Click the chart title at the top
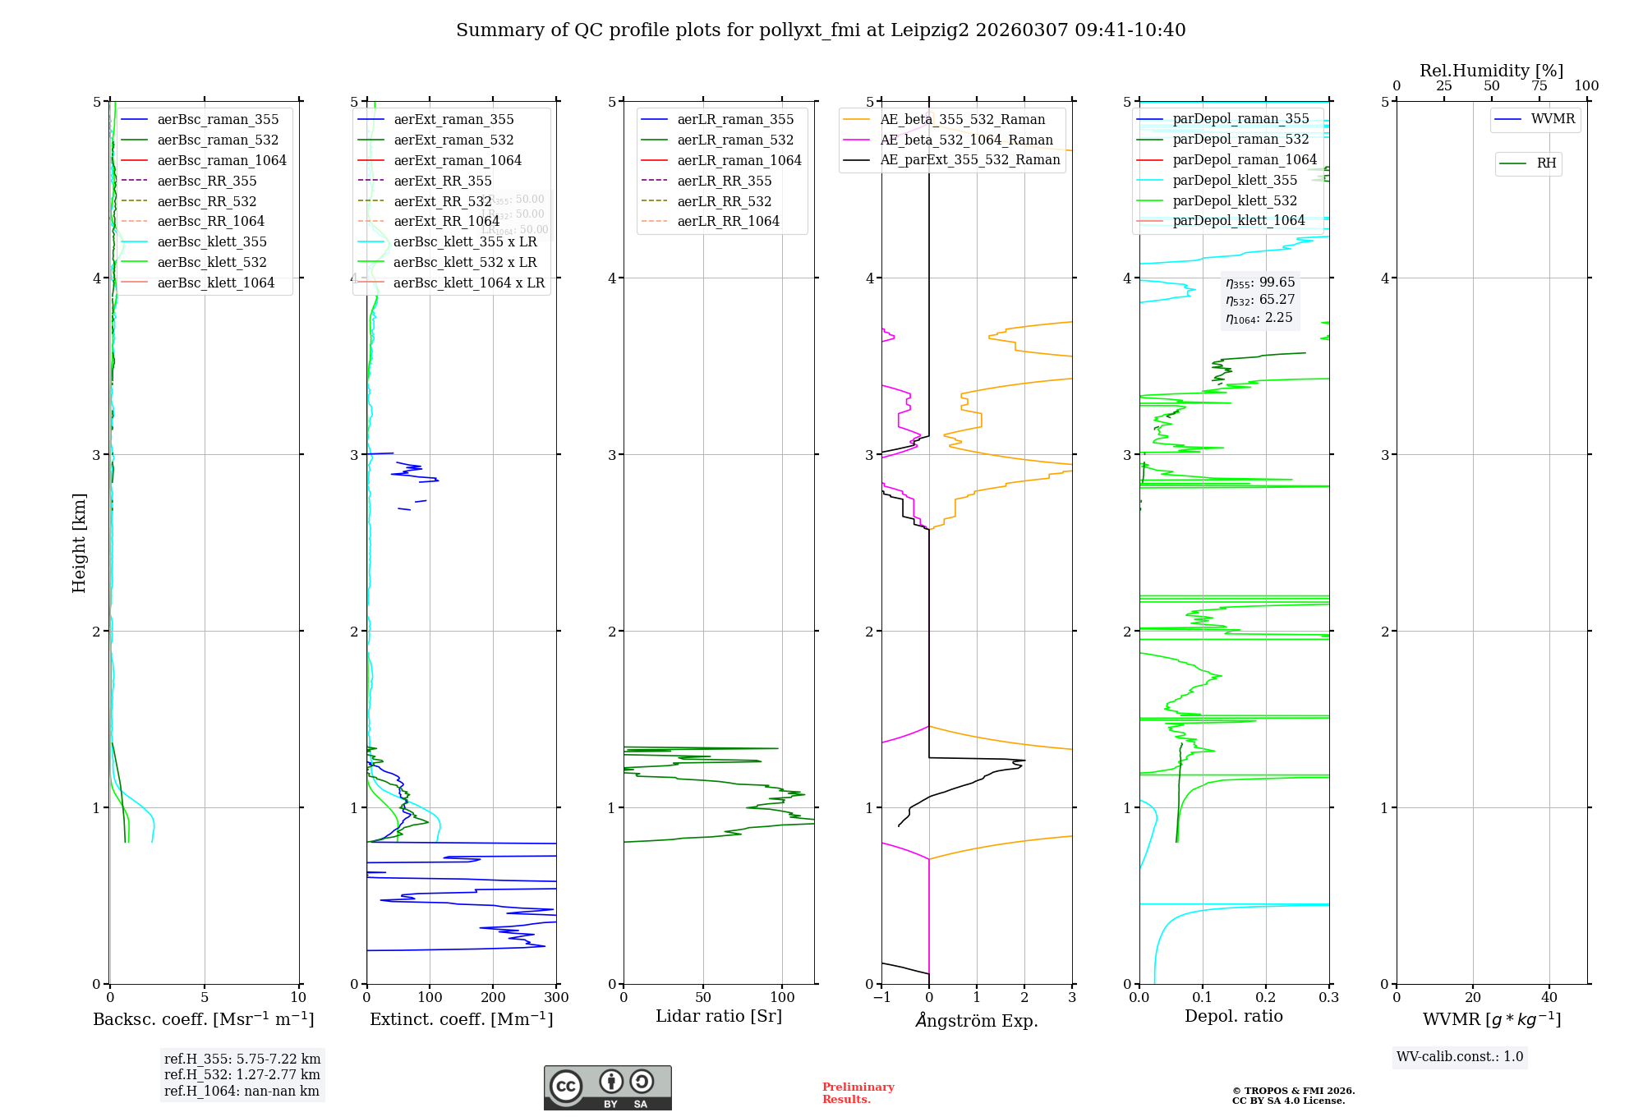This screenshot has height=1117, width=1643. pyautogui.click(x=821, y=30)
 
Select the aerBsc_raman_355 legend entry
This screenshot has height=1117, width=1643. pyautogui.click(x=218, y=120)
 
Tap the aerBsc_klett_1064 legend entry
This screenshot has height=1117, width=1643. pyautogui.click(x=215, y=283)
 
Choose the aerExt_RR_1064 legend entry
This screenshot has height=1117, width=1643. pyautogui.click(x=446, y=222)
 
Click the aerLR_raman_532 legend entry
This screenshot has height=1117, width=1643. pyautogui.click(x=734, y=140)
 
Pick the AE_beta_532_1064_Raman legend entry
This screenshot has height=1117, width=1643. pyautogui.click(x=966, y=140)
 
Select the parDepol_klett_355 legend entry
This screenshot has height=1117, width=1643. pyautogui.click(x=1235, y=181)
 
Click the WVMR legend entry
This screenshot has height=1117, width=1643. pyautogui.click(x=1553, y=119)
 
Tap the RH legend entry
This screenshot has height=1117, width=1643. pyautogui.click(x=1546, y=163)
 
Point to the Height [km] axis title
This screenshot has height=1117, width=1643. pyautogui.click(x=79, y=542)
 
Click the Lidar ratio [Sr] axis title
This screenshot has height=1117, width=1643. pyautogui.click(x=719, y=1016)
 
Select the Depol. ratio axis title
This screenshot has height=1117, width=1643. pyautogui.click(x=1233, y=1016)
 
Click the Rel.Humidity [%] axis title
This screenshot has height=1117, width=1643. pyautogui.click(x=1491, y=71)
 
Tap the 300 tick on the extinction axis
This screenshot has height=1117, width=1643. pyautogui.click(x=556, y=998)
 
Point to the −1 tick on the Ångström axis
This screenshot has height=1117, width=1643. pyautogui.click(x=881, y=998)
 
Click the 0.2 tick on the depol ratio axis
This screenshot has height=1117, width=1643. pyautogui.click(x=1266, y=998)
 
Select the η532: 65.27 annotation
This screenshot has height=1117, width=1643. pyautogui.click(x=1260, y=300)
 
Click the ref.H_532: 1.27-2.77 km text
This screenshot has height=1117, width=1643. pyautogui.click(x=242, y=1074)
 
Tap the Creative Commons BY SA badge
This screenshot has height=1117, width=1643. pyautogui.click(x=607, y=1088)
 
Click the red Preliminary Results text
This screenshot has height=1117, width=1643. pyautogui.click(x=858, y=1093)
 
